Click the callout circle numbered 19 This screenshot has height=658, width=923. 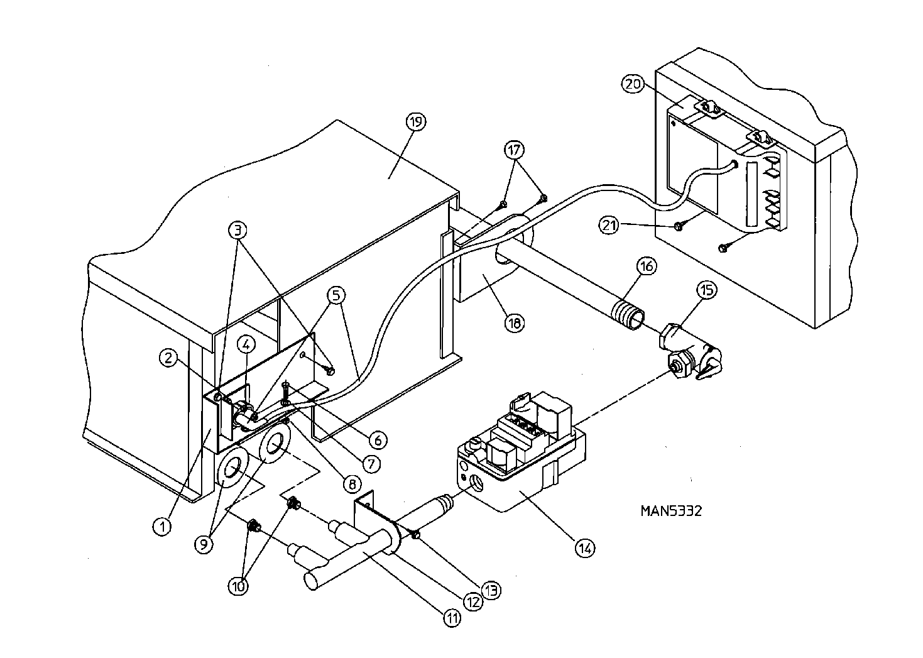(x=417, y=121)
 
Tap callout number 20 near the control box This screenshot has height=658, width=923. (x=633, y=84)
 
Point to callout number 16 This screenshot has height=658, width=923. (x=646, y=266)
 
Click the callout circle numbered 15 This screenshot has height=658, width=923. (x=707, y=290)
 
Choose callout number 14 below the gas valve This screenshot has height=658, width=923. (x=584, y=547)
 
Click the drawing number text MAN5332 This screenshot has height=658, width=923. (x=671, y=510)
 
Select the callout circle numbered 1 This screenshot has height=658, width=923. (x=162, y=525)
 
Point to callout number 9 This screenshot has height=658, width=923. (x=204, y=544)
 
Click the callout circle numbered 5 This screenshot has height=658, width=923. (x=336, y=294)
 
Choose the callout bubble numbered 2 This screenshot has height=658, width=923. (x=167, y=359)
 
